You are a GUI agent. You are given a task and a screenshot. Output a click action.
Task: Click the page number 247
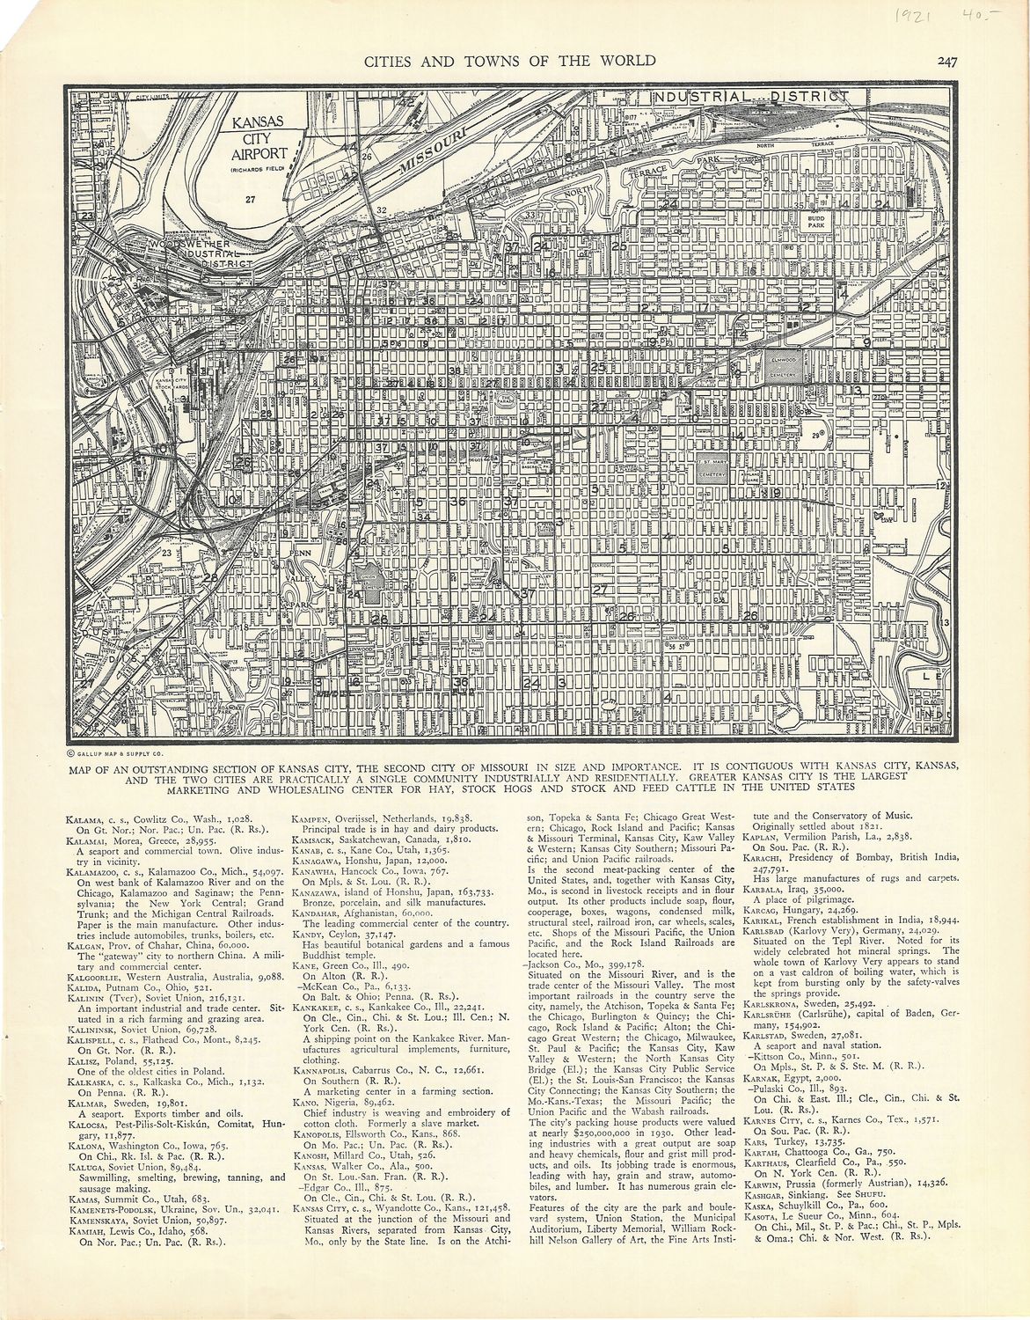coord(946,61)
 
